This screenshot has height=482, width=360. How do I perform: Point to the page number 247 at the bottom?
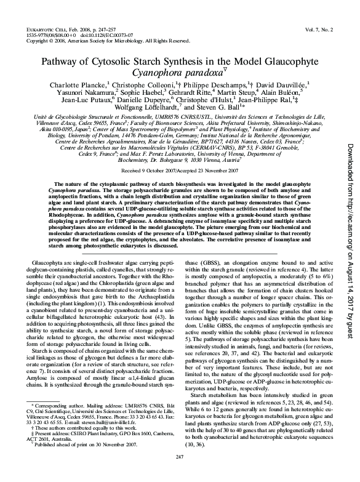coord(180,473)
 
